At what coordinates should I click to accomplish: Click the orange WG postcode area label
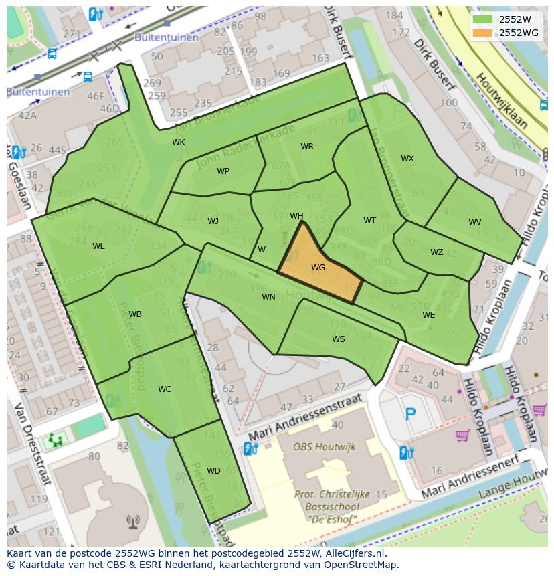[x=318, y=267]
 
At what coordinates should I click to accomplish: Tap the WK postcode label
[x=179, y=142]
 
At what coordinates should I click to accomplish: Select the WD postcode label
[x=213, y=471]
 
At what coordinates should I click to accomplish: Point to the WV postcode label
[x=474, y=222]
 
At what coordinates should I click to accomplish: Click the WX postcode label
[x=407, y=159]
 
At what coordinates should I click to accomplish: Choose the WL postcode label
[x=98, y=246]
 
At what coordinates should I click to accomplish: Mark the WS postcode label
[x=339, y=339]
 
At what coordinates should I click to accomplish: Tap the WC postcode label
[x=165, y=389]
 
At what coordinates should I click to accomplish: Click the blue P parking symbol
[x=410, y=414]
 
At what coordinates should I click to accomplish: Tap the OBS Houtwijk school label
[x=325, y=446]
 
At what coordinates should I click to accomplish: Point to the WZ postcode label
[x=436, y=252]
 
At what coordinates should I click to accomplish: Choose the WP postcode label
[x=223, y=171]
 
